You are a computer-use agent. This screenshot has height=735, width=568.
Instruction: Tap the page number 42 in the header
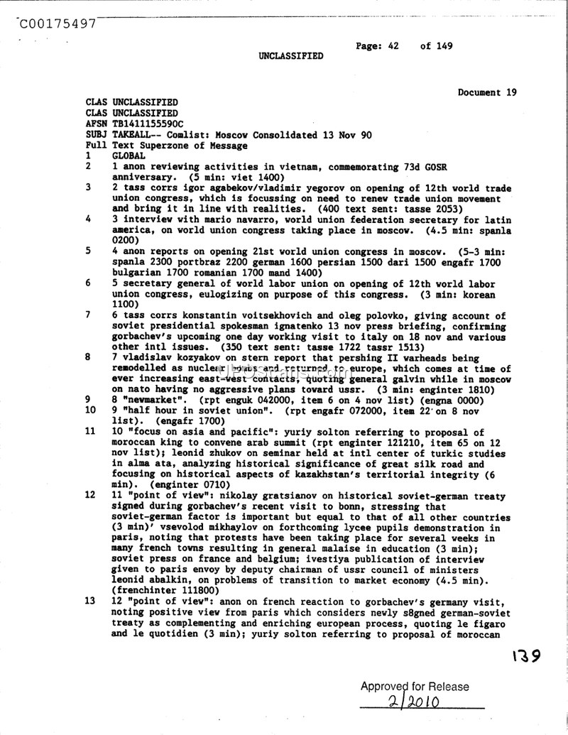click(393, 46)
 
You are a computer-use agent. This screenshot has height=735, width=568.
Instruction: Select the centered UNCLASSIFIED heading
click(290, 56)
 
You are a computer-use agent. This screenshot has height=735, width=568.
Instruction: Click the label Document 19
click(487, 92)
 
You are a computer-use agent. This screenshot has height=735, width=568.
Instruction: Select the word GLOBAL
click(129, 156)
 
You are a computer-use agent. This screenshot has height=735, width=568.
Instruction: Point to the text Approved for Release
click(415, 687)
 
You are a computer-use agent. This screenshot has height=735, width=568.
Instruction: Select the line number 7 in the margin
click(87, 315)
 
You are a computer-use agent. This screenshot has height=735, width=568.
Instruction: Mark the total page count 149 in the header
click(444, 46)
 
